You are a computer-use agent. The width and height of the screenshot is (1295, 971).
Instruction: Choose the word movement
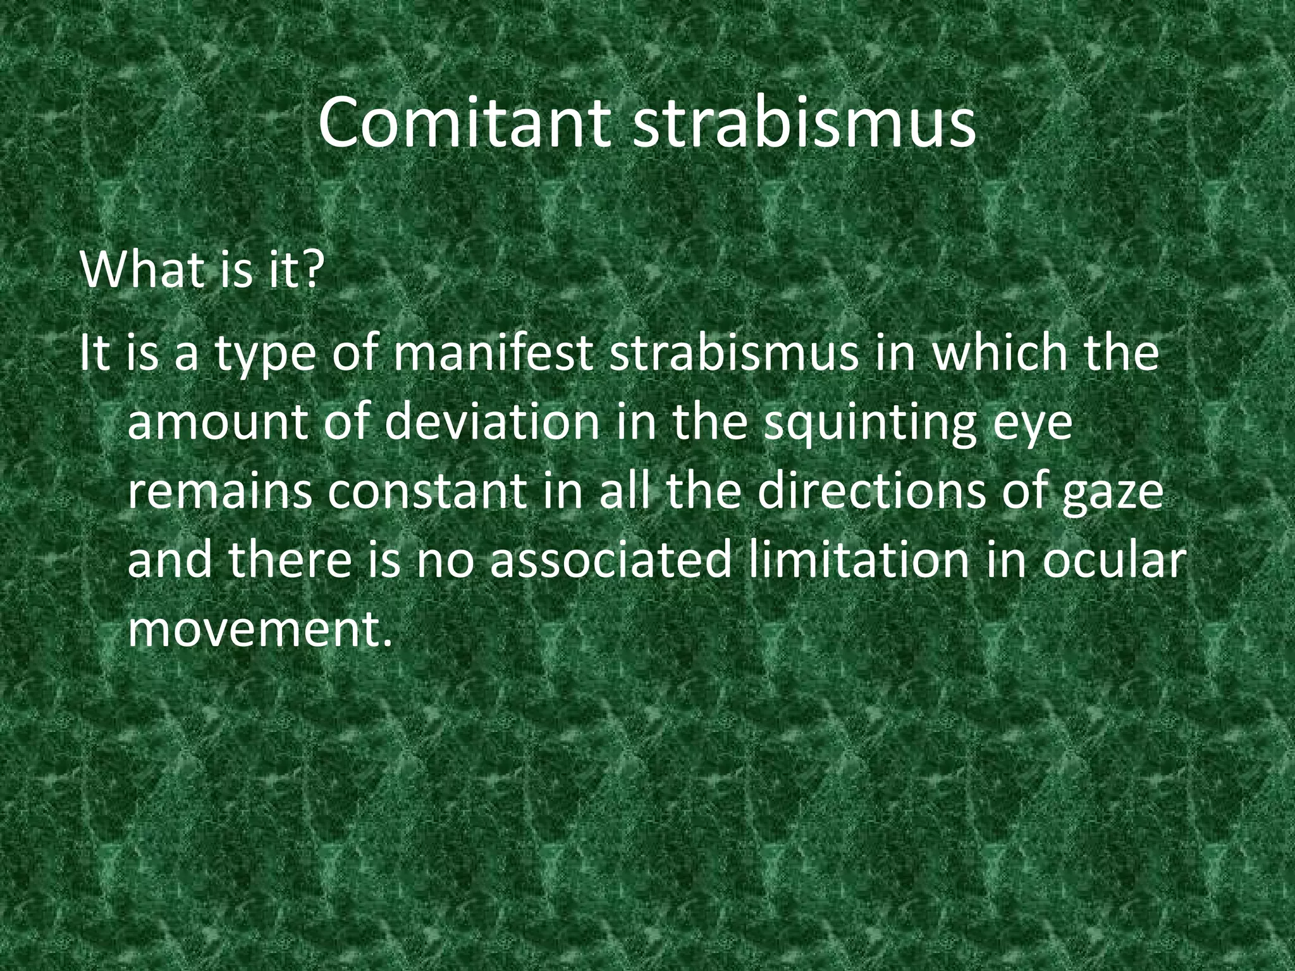(x=255, y=630)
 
